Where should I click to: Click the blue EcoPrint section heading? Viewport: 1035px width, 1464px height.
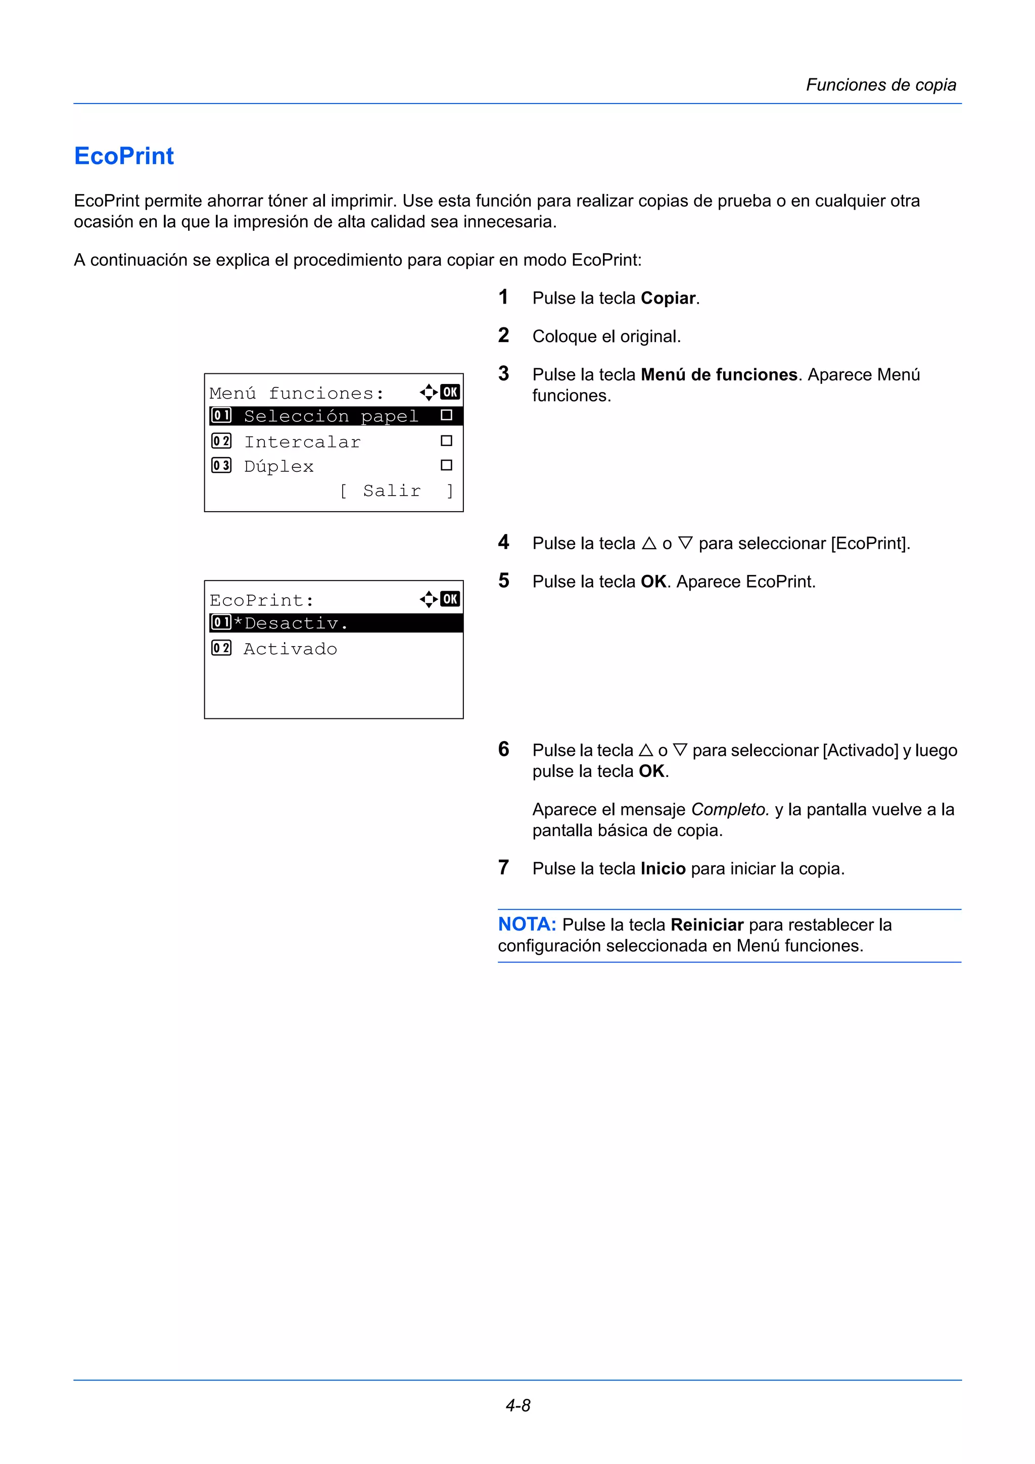(124, 156)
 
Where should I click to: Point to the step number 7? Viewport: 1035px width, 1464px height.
(503, 867)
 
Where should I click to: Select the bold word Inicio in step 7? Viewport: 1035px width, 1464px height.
(663, 868)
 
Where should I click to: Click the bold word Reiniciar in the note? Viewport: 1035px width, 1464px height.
(707, 924)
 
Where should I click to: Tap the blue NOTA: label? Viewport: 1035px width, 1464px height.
(527, 924)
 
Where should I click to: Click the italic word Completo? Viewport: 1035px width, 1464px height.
(730, 809)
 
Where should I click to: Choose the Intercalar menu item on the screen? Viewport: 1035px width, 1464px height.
(302, 441)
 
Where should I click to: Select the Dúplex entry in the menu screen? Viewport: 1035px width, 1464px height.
(278, 466)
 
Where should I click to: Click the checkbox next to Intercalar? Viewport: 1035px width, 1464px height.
(446, 441)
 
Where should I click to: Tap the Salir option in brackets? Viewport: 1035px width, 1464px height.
(392, 491)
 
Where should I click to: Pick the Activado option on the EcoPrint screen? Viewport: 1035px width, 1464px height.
(290, 649)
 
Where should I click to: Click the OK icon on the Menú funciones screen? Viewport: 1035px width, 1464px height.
(450, 392)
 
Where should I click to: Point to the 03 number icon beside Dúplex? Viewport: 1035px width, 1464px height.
(221, 465)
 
